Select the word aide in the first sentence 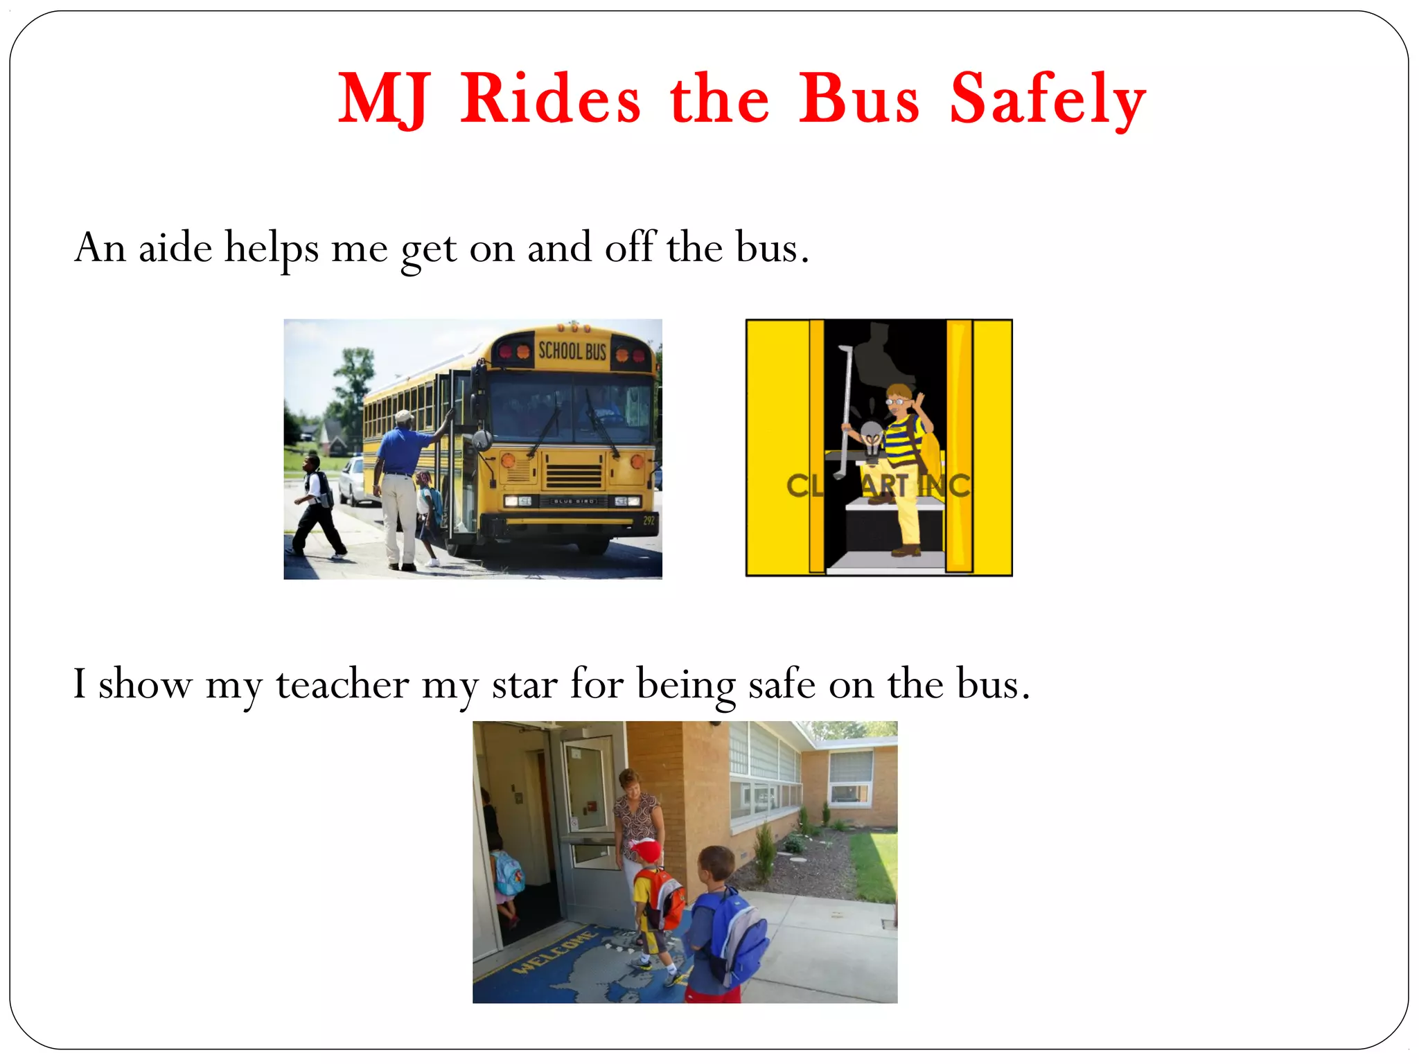coord(175,247)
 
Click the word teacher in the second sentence coord(342,684)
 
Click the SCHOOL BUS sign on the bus coord(572,351)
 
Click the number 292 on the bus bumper coord(649,520)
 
